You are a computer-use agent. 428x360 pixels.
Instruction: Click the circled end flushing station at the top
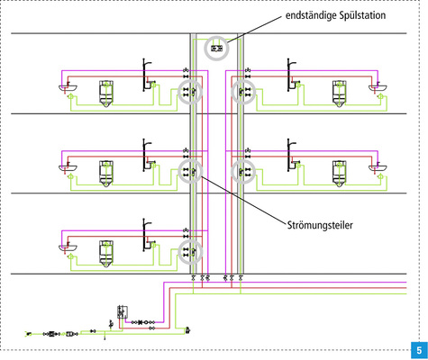point(216,47)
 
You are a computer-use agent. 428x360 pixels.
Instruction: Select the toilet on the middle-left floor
point(105,171)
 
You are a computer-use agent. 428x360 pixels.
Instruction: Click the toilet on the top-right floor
point(339,94)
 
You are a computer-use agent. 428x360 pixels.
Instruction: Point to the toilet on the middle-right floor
point(339,171)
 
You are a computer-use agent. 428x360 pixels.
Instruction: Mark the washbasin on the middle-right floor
point(376,166)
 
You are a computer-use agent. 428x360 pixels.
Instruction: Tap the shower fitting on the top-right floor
point(290,75)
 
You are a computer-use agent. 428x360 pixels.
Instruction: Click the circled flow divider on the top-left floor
point(189,92)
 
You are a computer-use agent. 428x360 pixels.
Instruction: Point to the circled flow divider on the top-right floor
point(243,92)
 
